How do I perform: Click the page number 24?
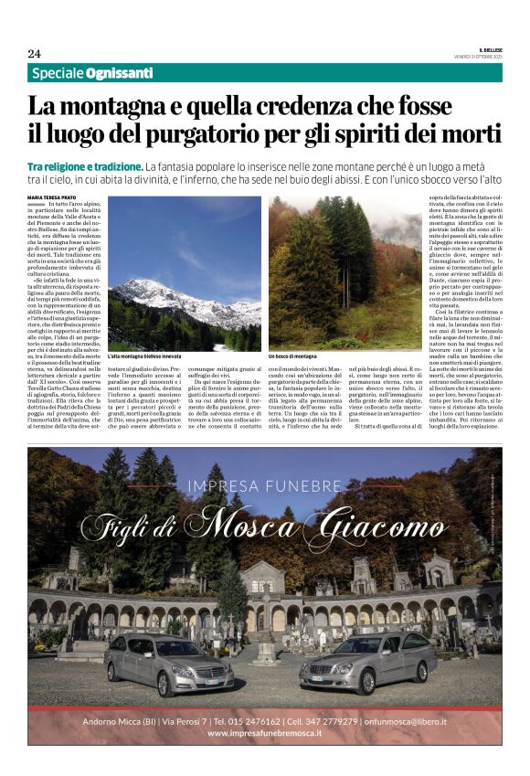coord(34,54)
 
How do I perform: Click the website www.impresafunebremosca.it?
coord(264,733)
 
